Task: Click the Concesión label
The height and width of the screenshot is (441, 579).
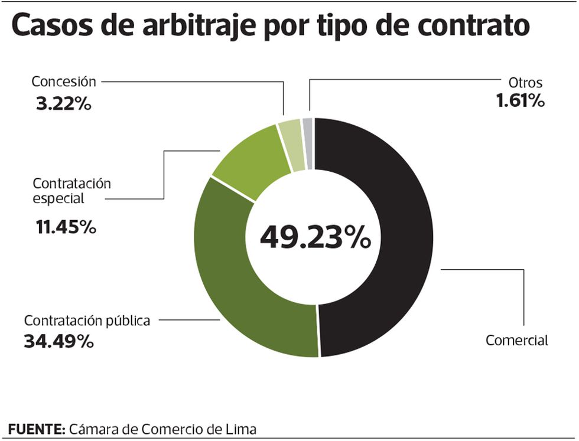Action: click(63, 81)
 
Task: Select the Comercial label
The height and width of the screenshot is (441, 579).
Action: click(516, 340)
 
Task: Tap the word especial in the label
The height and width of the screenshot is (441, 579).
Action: click(58, 199)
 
